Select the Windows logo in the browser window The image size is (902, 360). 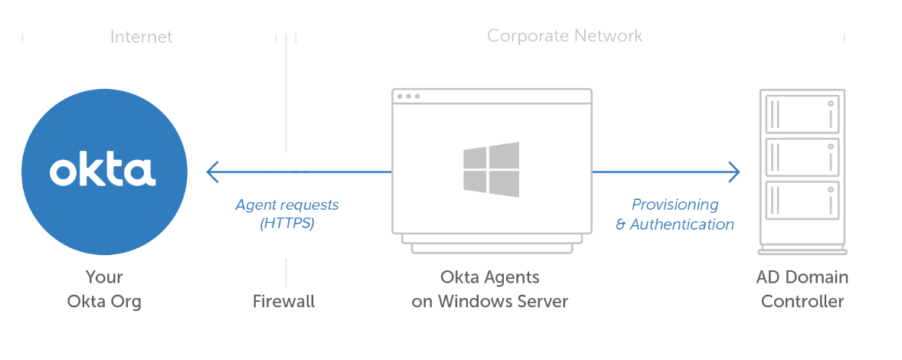[491, 169]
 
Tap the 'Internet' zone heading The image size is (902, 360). [141, 37]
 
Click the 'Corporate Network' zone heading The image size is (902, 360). [564, 36]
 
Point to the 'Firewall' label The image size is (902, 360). [283, 301]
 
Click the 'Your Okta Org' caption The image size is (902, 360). [104, 289]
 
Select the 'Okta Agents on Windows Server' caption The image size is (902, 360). [490, 289]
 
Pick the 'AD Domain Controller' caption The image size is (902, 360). [802, 289]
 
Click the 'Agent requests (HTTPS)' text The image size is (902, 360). [286, 214]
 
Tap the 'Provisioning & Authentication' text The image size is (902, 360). [675, 214]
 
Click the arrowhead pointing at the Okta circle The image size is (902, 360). [212, 172]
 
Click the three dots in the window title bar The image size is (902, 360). [408, 97]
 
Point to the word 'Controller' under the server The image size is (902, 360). [802, 301]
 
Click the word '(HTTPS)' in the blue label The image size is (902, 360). [286, 224]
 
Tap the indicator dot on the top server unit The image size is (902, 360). [829, 103]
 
